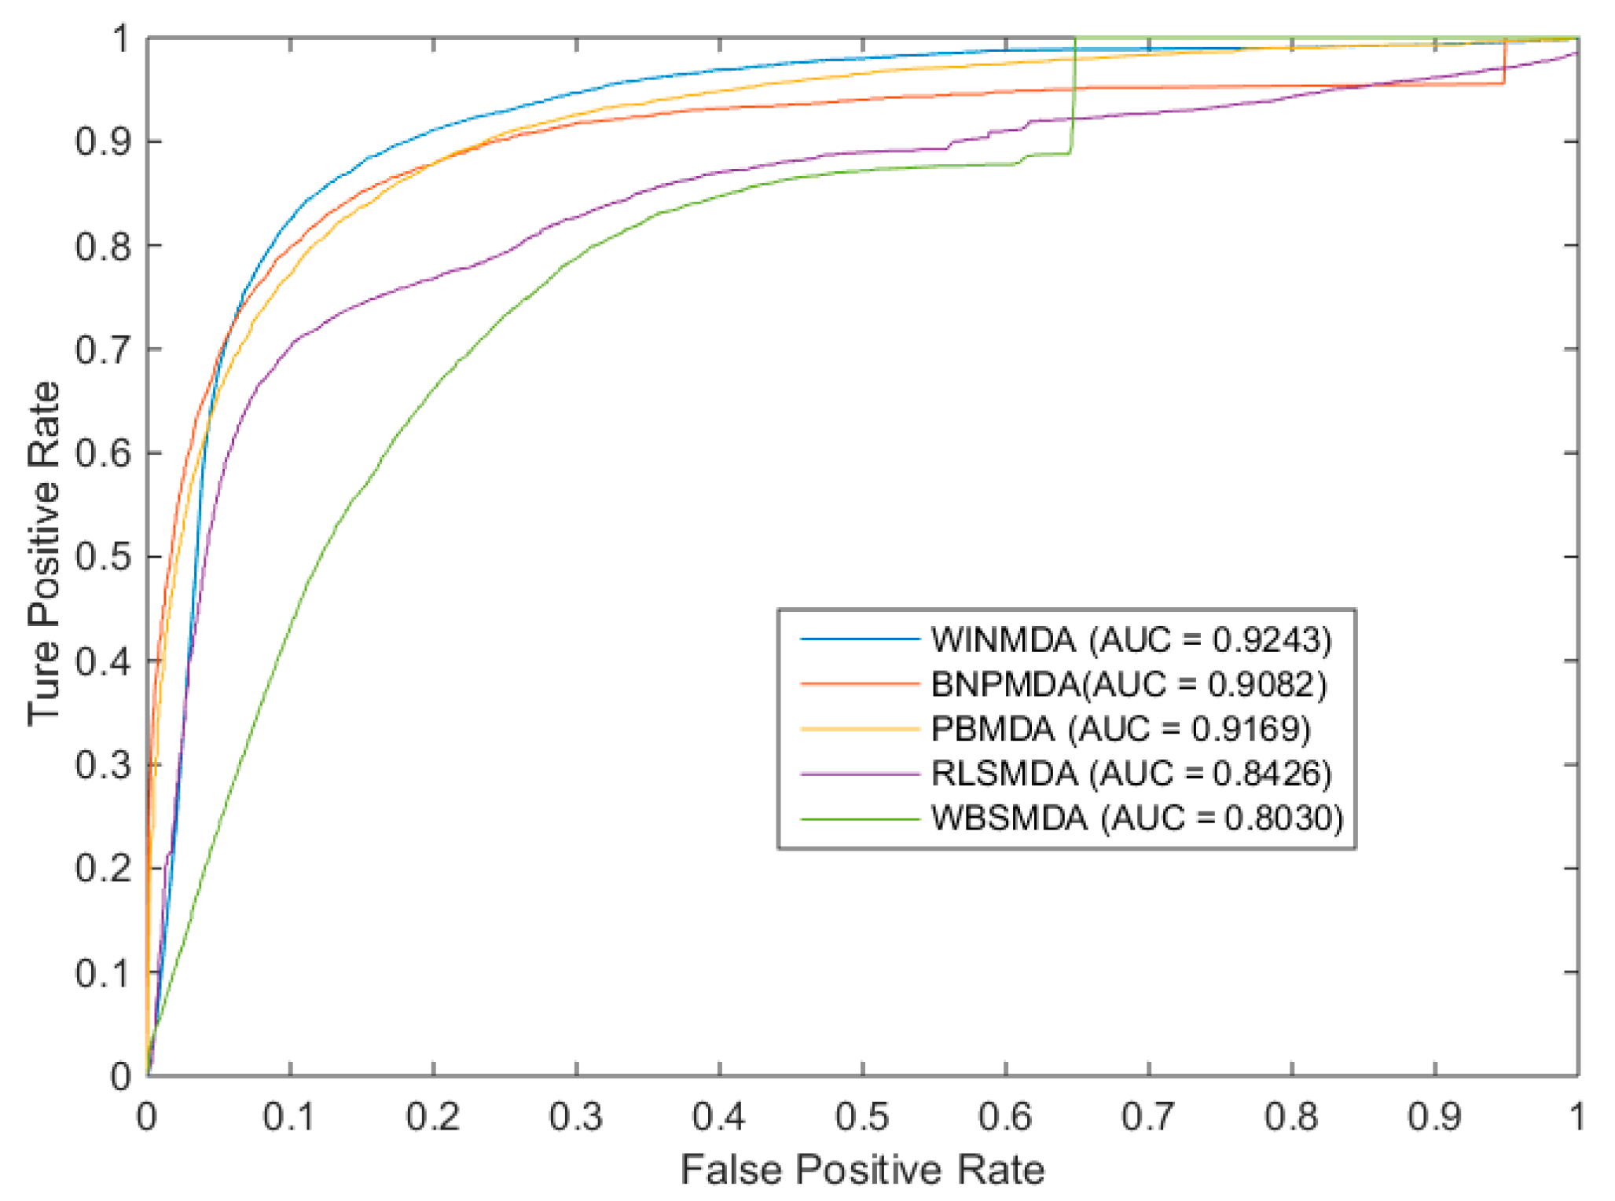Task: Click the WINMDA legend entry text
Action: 1131,640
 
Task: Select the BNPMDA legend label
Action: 1129,685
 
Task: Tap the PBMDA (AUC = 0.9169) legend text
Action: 1121,729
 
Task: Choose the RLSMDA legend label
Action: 1131,774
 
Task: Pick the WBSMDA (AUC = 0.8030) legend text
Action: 1136,818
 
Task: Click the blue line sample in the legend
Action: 860,639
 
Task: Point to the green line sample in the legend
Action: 860,819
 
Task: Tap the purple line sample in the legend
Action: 860,774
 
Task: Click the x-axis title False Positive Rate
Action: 862,1170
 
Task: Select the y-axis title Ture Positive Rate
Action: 44,554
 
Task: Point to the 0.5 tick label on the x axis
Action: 862,1116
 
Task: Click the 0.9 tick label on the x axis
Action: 1434,1116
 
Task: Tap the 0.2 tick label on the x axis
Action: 433,1116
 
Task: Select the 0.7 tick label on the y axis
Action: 103,350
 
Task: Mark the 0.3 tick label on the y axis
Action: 103,765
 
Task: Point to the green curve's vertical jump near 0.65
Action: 1074,94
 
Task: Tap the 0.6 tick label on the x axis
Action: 1005,1116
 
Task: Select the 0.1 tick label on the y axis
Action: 103,973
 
